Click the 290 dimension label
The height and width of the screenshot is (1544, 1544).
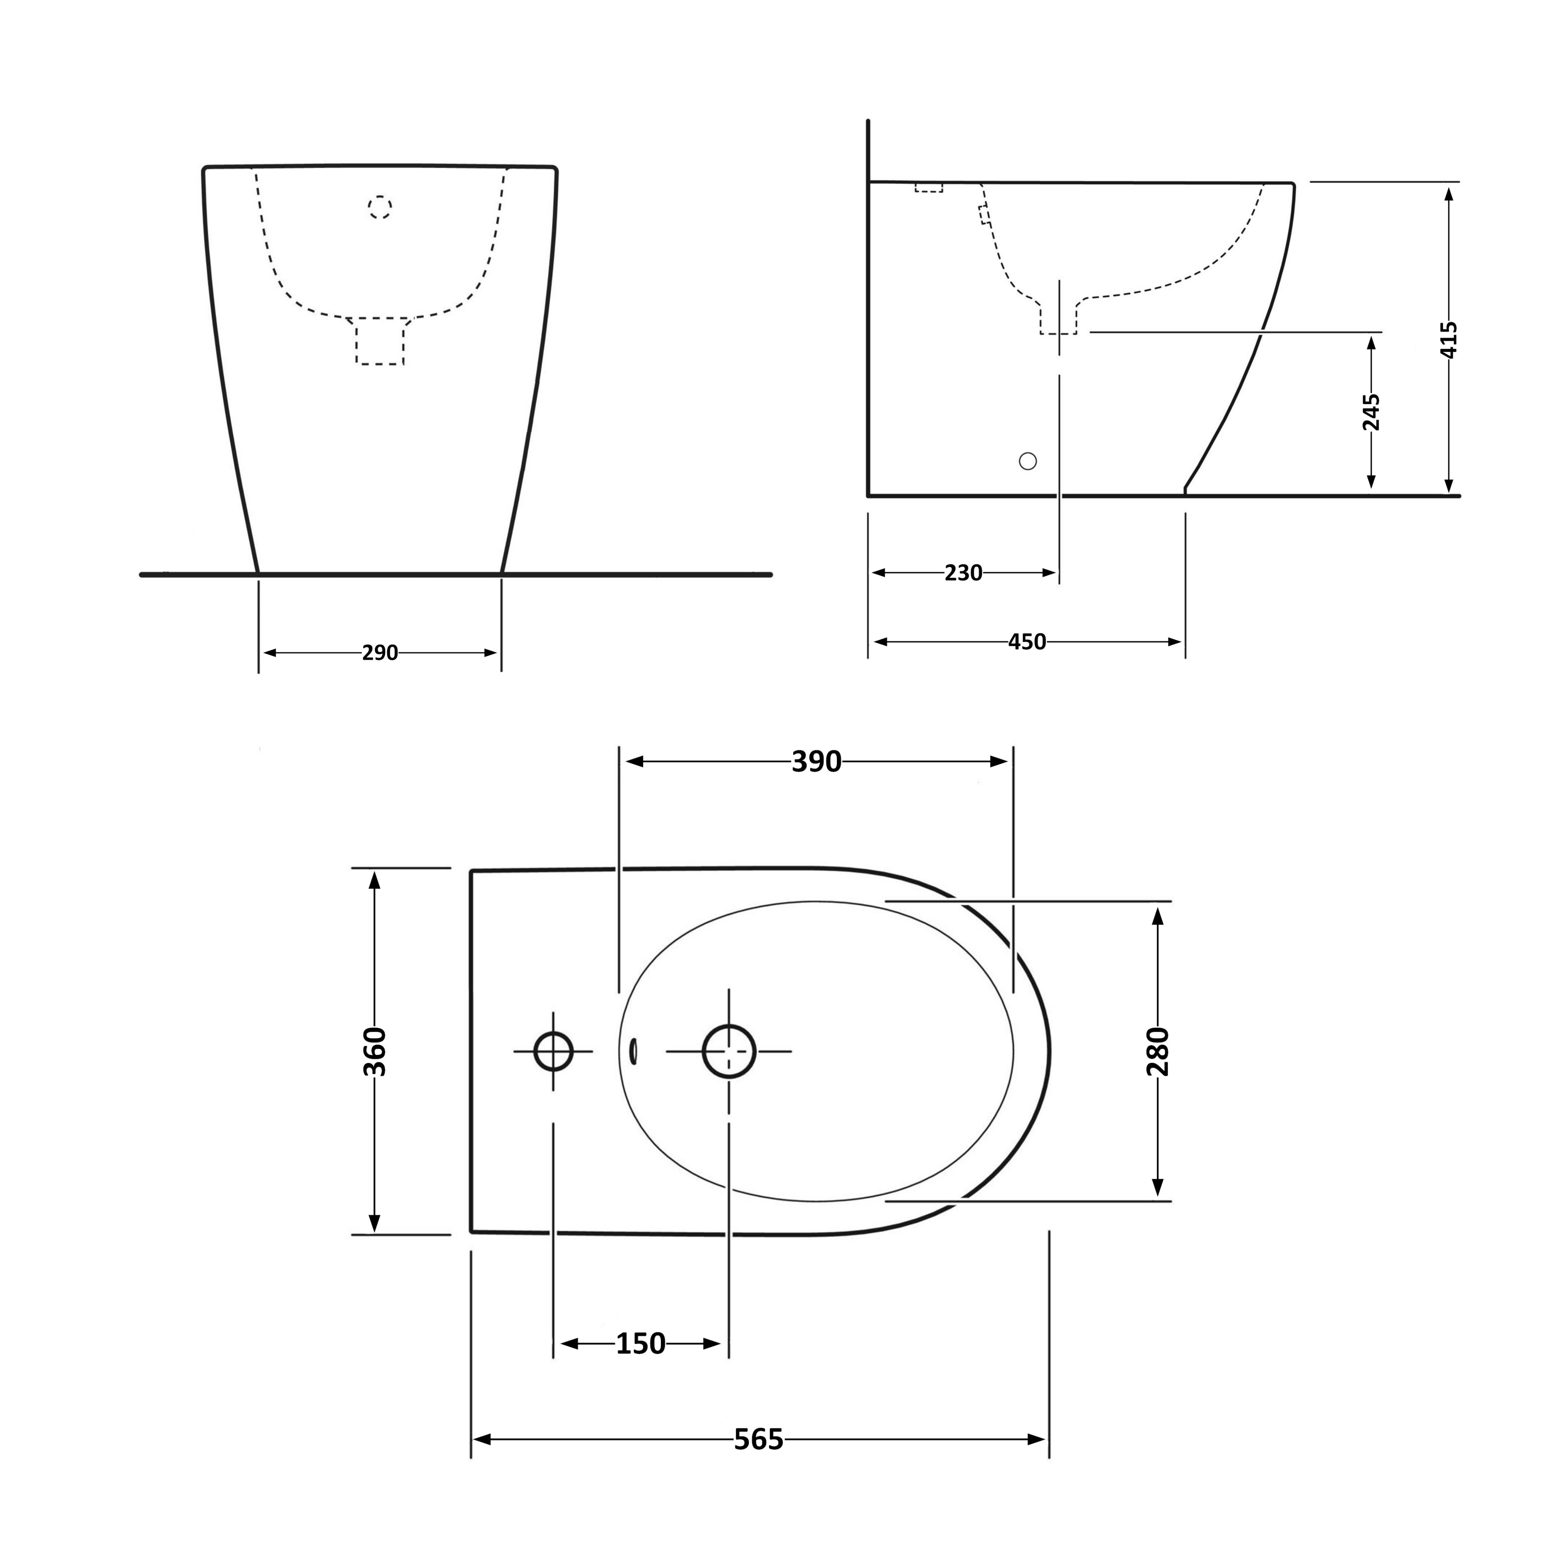point(379,653)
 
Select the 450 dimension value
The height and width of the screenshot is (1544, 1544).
point(1027,642)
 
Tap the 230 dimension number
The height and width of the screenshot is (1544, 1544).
point(963,573)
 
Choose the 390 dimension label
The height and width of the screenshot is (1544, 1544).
point(816,762)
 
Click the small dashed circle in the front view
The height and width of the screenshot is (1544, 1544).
point(379,208)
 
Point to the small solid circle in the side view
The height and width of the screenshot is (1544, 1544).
point(1029,461)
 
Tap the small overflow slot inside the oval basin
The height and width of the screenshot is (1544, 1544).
point(634,1052)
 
